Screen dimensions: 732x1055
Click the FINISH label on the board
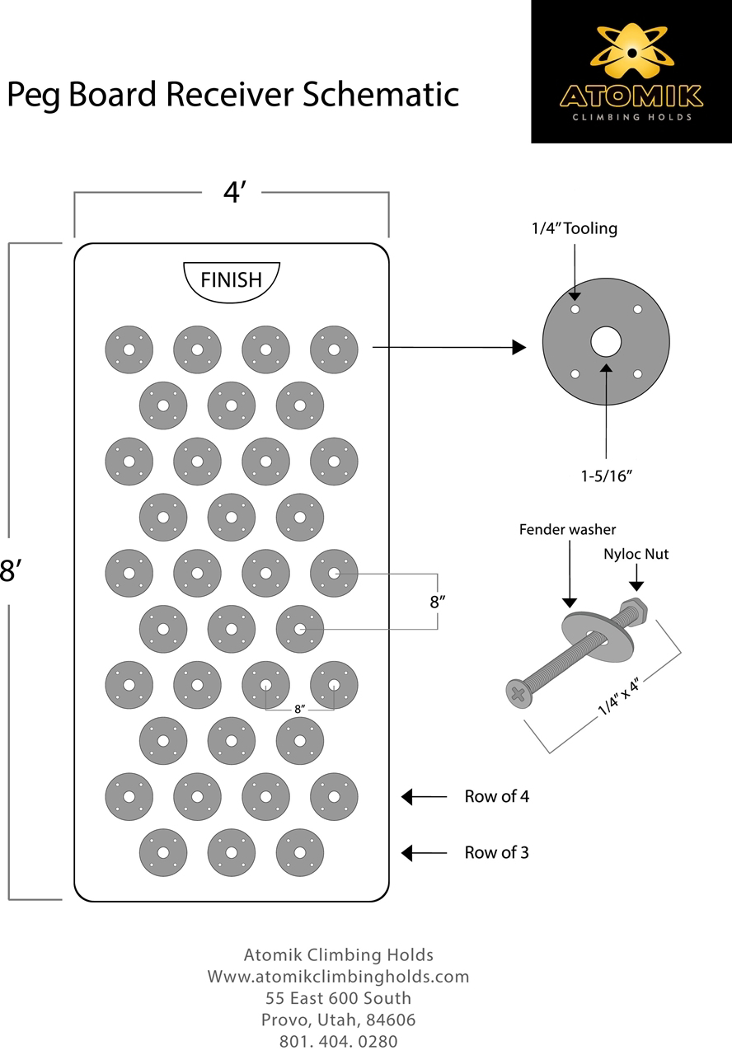[231, 279]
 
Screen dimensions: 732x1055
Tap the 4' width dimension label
[235, 192]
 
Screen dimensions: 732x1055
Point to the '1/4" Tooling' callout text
[575, 228]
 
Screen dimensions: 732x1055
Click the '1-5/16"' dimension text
[606, 476]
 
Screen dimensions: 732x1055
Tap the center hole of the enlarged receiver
[606, 341]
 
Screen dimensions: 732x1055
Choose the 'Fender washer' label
[567, 529]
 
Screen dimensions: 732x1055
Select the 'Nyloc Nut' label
[636, 554]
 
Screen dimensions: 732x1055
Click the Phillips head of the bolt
[518, 693]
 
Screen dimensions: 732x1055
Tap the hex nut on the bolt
[634, 611]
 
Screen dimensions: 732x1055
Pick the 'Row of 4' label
[496, 796]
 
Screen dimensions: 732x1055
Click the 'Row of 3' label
[496, 852]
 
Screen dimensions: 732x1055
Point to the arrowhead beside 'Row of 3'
[406, 853]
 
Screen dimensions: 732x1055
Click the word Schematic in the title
[381, 94]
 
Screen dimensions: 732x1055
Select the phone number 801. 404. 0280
[338, 1041]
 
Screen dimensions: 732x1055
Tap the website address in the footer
[338, 977]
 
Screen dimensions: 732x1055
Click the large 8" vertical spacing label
[438, 602]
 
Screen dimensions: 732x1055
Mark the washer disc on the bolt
[598, 635]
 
